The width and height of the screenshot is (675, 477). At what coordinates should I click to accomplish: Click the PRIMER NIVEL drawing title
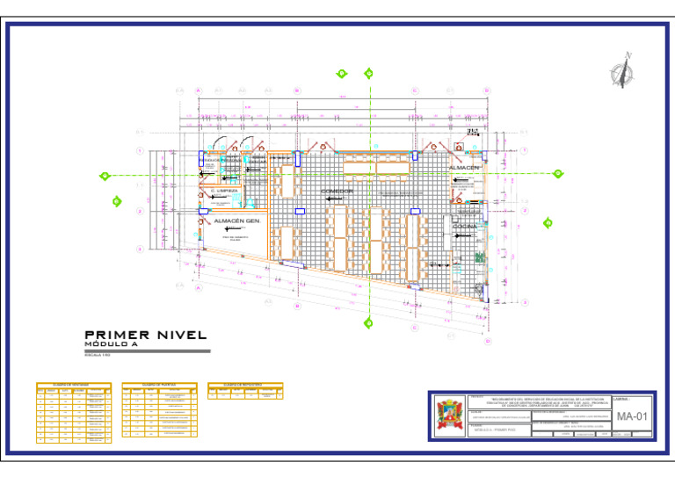pos(145,335)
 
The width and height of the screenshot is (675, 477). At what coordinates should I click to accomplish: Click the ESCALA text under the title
pos(97,353)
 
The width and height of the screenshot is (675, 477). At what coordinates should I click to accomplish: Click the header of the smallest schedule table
pos(246,385)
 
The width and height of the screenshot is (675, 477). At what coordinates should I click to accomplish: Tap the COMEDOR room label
pos(337,191)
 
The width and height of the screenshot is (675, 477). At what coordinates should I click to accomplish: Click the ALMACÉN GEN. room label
pos(236,221)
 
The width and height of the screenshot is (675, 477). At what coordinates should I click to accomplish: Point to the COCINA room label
pos(464,226)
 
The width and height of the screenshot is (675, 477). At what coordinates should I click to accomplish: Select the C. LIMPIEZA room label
pos(224,191)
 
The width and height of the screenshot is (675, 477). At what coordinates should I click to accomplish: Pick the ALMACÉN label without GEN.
pos(464,167)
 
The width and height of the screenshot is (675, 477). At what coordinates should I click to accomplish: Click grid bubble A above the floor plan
pos(199,90)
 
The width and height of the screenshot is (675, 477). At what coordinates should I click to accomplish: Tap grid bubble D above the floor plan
pos(486,90)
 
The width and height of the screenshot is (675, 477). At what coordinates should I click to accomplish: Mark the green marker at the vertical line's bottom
pos(368,322)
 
